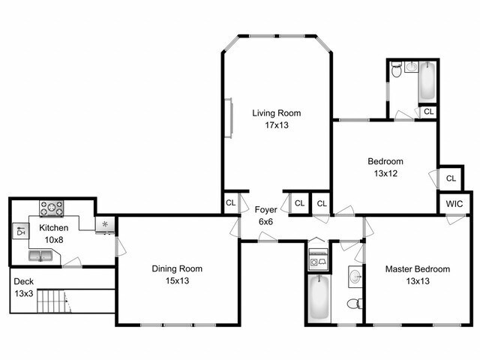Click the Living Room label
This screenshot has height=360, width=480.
[x=277, y=113]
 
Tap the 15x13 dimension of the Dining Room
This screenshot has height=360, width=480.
[x=177, y=280]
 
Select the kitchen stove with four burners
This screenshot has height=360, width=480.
[x=52, y=208]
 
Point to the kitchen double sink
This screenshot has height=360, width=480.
[x=40, y=256]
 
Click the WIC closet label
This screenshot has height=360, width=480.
[x=454, y=204]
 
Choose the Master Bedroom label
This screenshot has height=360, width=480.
[x=418, y=269]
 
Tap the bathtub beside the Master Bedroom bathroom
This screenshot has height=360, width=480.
[x=319, y=297]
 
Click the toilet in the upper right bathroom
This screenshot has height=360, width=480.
[x=397, y=70]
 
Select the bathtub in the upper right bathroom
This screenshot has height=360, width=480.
[x=427, y=81]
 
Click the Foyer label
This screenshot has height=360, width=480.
[x=265, y=210]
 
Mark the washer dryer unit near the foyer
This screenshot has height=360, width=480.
[x=319, y=259]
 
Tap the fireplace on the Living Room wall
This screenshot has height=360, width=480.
[x=229, y=118]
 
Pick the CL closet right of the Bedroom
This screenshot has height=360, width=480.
[x=451, y=178]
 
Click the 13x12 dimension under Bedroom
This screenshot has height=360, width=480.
[x=385, y=173]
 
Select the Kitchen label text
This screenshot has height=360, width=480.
[x=53, y=228]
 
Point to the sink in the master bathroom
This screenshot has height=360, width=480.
[x=355, y=277]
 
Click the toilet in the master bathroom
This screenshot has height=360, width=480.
[x=355, y=304]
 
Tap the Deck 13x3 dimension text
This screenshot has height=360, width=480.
[x=24, y=293]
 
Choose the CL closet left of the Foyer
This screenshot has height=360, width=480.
[x=230, y=202]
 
